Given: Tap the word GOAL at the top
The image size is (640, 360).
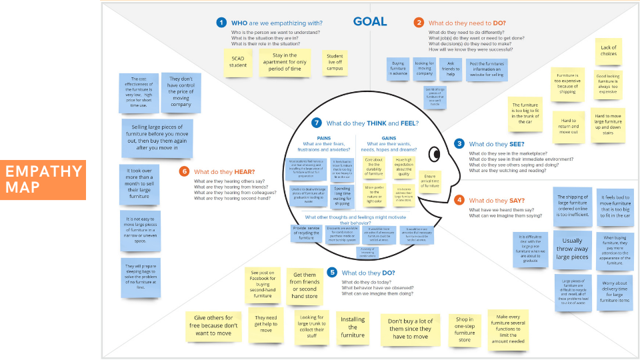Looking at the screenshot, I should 370,21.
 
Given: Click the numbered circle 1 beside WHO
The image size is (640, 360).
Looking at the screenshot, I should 221,23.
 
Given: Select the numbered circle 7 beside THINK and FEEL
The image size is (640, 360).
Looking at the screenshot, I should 317,123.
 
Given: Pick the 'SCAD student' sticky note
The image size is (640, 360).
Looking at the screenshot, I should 238,61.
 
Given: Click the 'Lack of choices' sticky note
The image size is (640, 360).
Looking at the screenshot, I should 608,51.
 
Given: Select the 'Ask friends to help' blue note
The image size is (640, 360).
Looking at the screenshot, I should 450,69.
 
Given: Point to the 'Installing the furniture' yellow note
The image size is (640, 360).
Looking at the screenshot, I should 353,327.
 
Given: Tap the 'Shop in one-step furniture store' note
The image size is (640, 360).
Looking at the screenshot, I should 464,329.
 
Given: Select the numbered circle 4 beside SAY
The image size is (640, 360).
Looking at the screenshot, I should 459,200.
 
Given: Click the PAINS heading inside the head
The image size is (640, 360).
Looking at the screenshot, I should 325,137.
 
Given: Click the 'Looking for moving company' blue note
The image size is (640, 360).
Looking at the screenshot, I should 424,68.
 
